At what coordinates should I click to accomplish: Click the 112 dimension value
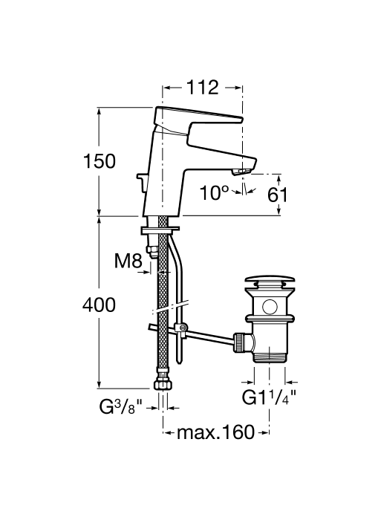pos(203,88)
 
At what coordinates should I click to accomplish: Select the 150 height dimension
pos(100,161)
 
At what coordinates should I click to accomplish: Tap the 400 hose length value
pos(100,305)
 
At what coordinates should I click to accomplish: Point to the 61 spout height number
pos(278,195)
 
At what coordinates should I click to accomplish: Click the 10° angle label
pos(214,192)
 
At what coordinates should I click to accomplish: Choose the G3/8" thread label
pos(121,407)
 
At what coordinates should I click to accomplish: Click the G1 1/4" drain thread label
pos(269,397)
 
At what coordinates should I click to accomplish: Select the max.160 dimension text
pos(215,432)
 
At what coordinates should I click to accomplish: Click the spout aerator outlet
pos(242,172)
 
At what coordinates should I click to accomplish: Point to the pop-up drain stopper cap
pos(270,277)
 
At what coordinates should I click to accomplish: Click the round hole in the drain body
pos(270,307)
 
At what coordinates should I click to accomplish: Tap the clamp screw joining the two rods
pos(181,328)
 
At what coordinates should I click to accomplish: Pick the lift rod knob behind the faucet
pos(140,183)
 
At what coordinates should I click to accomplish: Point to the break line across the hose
pos(170,308)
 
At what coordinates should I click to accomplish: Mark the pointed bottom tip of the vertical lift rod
pos(179,364)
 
